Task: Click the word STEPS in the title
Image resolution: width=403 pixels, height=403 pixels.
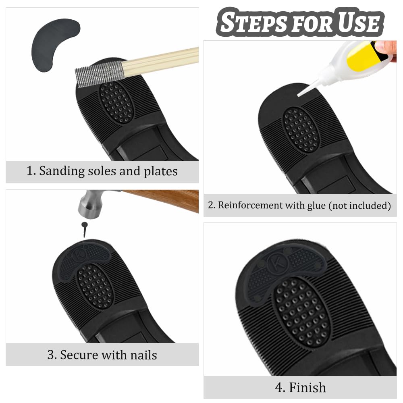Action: [x=253, y=22]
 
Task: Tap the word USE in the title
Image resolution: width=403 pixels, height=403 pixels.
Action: [x=359, y=22]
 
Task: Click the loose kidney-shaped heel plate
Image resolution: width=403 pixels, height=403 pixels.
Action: [x=54, y=44]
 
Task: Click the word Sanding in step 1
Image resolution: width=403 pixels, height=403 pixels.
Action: [x=62, y=171]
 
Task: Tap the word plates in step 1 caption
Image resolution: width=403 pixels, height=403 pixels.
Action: [x=161, y=172]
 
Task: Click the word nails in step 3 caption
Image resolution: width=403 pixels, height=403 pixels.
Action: [x=143, y=355]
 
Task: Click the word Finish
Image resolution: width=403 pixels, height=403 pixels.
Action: [x=307, y=388]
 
